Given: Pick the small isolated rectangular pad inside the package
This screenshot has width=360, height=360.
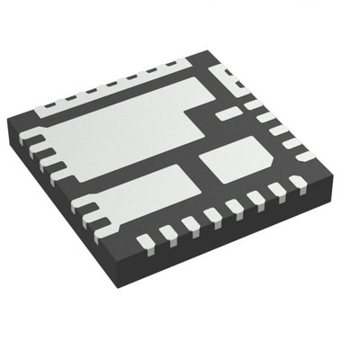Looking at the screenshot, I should pos(230,112).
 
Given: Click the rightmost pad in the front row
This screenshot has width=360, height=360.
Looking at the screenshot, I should pos(298,183).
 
